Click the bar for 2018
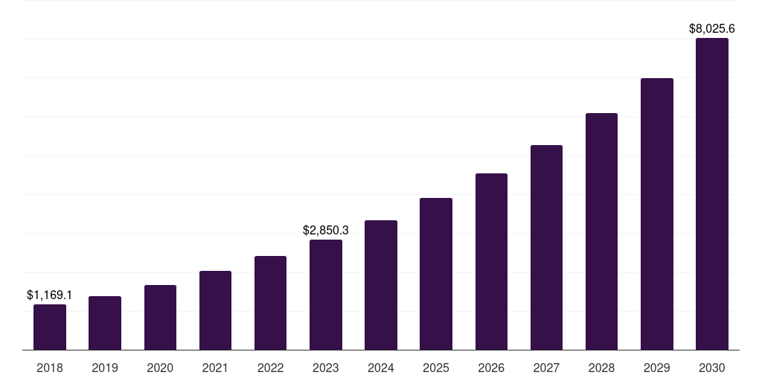pos(50,327)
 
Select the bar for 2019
pos(105,323)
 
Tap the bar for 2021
pos(215,310)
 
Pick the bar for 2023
pos(326,295)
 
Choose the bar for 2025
pos(436,274)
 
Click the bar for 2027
pos(546,247)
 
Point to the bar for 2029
pos(657,214)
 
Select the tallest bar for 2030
pos(712,193)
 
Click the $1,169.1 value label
pos(50,295)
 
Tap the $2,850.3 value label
pos(326,231)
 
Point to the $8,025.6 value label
pos(712,29)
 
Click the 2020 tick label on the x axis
pos(160,368)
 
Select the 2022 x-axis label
pos(270,368)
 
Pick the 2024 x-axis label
pos(381,368)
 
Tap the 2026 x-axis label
pos(491,368)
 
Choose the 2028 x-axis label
pos(601,368)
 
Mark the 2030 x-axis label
pos(712,368)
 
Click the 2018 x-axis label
pos(50,368)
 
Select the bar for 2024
pos(381,285)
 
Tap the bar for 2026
pos(491,261)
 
